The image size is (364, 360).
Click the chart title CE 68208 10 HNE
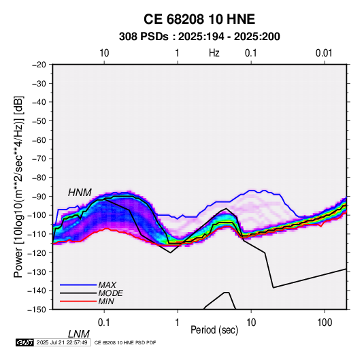click(199, 19)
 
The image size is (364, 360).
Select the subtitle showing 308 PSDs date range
click(199, 37)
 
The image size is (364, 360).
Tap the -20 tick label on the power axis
click(39, 65)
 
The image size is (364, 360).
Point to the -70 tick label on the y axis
click(39, 159)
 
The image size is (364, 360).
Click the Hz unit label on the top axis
click(214, 53)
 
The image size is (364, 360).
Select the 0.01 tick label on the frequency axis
click(324, 53)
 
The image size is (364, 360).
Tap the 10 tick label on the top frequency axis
click(104, 53)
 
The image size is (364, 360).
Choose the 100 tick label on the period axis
click(325, 323)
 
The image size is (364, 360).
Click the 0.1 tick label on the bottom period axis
click(104, 323)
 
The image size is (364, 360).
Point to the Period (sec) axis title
click(214, 330)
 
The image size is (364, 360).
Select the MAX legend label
click(107, 285)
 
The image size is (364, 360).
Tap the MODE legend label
click(110, 293)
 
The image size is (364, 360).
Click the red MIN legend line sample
click(78, 301)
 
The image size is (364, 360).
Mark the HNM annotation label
click(80, 193)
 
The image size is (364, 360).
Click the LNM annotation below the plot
click(78, 334)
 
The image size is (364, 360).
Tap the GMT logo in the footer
click(24, 342)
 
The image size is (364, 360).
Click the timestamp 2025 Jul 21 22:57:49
click(62, 342)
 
